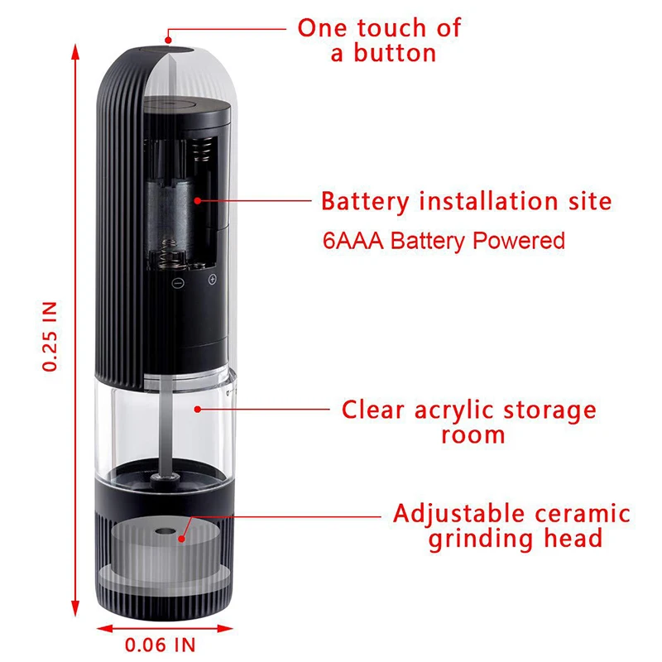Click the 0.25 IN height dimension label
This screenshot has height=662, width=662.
(x=51, y=335)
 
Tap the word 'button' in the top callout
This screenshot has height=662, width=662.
(x=394, y=54)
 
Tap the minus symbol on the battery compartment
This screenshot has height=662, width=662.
(x=176, y=281)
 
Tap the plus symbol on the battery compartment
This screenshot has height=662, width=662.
(x=212, y=281)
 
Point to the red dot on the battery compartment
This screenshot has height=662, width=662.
(x=198, y=199)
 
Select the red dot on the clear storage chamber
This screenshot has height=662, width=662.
(x=196, y=408)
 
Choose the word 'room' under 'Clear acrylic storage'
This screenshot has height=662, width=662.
(x=473, y=434)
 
